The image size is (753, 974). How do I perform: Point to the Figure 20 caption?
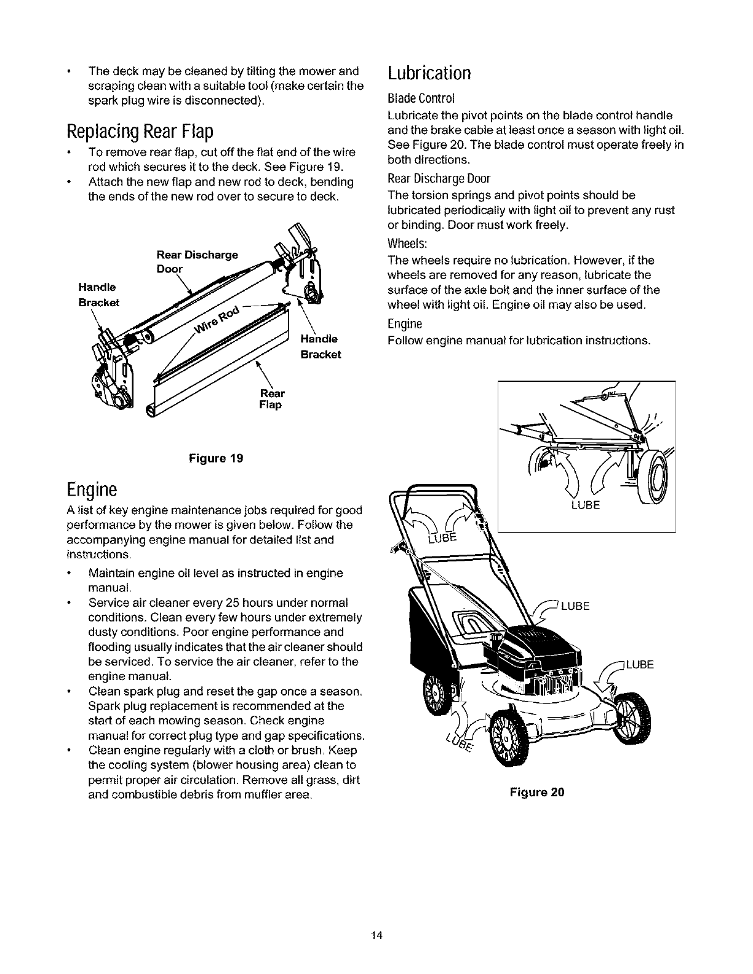coord(536,792)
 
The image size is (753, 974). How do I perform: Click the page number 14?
coord(376,936)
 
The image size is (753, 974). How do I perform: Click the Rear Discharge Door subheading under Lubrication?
coord(439,179)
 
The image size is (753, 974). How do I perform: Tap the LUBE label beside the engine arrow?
coord(576,606)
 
